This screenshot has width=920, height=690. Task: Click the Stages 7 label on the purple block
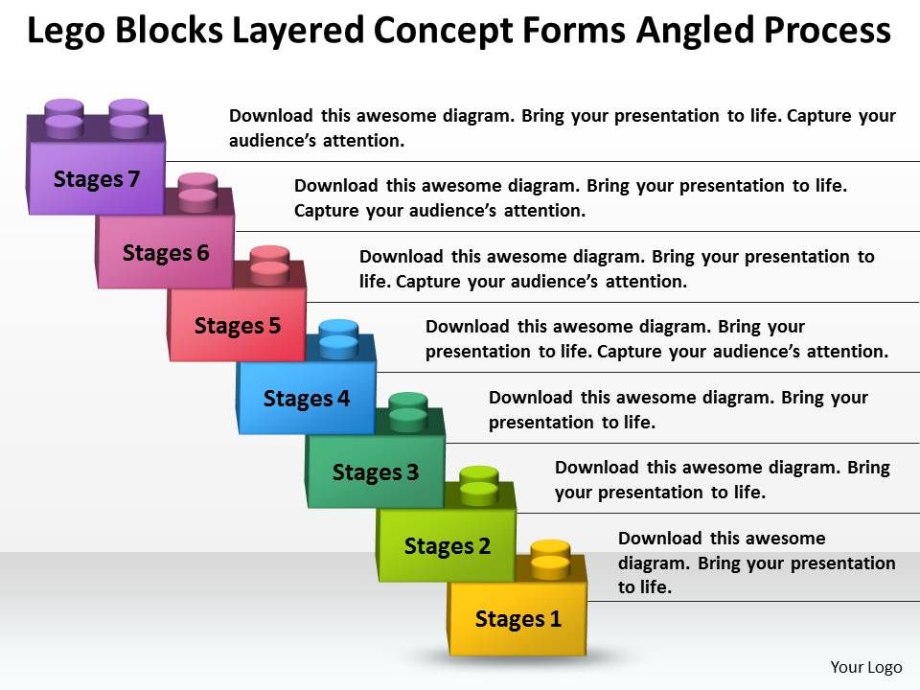[x=97, y=179]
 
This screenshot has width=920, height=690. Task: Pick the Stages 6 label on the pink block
[x=166, y=253]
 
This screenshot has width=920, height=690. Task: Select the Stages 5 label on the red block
[x=238, y=326]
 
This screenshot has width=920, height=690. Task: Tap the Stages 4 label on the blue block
[x=307, y=398]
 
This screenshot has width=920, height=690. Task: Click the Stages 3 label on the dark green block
[x=376, y=471]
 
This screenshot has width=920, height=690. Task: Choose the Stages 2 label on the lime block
[x=448, y=546]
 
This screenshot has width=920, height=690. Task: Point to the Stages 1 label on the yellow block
[x=518, y=619]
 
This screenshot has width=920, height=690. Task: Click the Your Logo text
[x=864, y=667]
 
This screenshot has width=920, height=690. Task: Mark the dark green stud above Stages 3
[x=408, y=410]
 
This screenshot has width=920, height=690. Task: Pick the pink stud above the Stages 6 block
[x=197, y=190]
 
